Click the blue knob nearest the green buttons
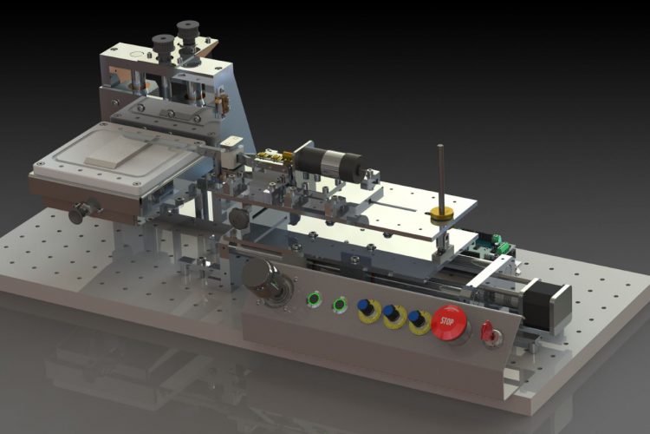(x=365, y=306)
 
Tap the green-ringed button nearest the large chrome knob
(x=315, y=298)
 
